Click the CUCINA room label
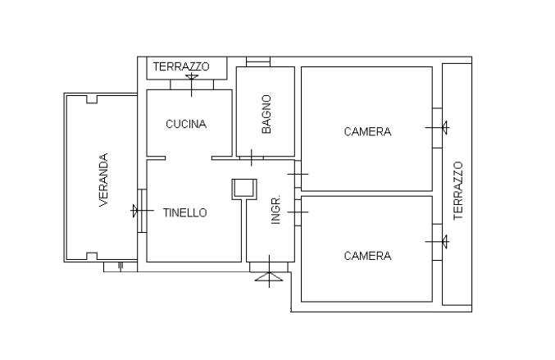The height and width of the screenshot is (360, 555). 186,125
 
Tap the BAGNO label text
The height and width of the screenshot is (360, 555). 266,114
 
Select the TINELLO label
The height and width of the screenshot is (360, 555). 184,212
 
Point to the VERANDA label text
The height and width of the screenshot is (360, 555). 104,180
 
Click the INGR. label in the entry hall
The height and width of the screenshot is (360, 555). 276,210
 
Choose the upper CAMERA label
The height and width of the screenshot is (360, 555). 367,131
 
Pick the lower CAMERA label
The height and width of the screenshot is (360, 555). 367,256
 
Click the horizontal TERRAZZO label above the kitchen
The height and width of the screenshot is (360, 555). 181,66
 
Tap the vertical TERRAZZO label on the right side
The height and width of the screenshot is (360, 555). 458,189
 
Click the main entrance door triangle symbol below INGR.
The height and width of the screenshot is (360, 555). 267,278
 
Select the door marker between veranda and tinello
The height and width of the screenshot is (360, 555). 137,212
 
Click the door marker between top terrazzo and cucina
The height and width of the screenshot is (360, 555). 192,80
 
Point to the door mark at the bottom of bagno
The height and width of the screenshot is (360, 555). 251,155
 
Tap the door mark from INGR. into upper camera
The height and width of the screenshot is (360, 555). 298,174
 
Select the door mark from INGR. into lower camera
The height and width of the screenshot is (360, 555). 298,212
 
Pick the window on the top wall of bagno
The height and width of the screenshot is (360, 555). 257,62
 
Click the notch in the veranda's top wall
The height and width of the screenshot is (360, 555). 91,99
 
